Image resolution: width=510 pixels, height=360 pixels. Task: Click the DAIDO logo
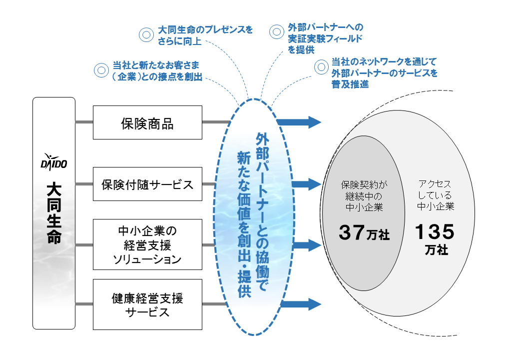[53, 162]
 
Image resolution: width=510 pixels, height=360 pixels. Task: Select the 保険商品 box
[147, 122]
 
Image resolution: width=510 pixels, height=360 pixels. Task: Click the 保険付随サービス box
[147, 184]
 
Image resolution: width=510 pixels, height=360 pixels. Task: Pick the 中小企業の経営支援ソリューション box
[147, 245]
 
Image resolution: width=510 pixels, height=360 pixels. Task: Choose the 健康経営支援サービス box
[147, 304]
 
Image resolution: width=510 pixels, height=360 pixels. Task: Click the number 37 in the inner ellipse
[352, 232]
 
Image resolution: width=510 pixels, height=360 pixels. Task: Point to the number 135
[435, 231]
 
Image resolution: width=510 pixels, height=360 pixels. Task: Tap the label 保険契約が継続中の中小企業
[363, 195]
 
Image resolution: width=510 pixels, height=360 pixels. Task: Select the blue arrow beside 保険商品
[298, 121]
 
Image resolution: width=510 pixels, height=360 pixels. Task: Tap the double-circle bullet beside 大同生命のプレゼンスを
[145, 34]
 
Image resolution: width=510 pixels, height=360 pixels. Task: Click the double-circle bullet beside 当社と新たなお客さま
[101, 71]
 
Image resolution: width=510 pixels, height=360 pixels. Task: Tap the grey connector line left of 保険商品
[84, 122]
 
